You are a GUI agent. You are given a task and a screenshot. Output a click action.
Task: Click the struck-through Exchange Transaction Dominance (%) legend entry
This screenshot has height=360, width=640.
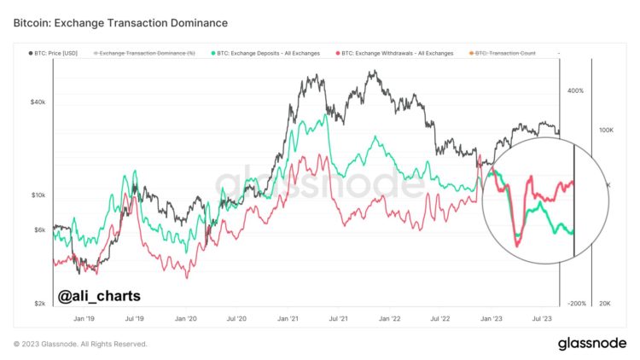coord(147,53)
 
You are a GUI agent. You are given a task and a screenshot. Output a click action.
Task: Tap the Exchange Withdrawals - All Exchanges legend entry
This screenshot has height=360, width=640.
coord(399,53)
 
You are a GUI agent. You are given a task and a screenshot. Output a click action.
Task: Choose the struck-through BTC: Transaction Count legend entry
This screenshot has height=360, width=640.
coord(504,53)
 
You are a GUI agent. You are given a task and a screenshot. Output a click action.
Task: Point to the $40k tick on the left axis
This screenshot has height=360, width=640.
coord(38,102)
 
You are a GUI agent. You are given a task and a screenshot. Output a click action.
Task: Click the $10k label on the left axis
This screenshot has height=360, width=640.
coord(38,195)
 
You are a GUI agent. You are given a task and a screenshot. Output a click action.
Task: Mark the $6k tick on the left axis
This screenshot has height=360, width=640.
coord(39,229)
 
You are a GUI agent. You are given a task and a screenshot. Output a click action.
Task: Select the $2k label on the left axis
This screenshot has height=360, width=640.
coord(39,304)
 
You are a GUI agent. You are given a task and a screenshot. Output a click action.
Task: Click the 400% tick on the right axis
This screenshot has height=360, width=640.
coord(574,90)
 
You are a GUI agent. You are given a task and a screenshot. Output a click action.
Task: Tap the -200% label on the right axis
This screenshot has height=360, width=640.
coord(577,304)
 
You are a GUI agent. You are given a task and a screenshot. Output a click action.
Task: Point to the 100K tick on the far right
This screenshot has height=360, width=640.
coord(607,131)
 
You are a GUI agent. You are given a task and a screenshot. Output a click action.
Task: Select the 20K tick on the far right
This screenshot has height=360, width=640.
coord(608,304)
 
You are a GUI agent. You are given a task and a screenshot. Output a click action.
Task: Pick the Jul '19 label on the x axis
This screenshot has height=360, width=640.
coord(134,318)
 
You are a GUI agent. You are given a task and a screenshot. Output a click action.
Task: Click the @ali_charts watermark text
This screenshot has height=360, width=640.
coord(99,296)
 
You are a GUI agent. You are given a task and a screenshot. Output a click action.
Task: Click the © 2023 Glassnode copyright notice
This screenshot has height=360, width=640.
coord(80,344)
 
